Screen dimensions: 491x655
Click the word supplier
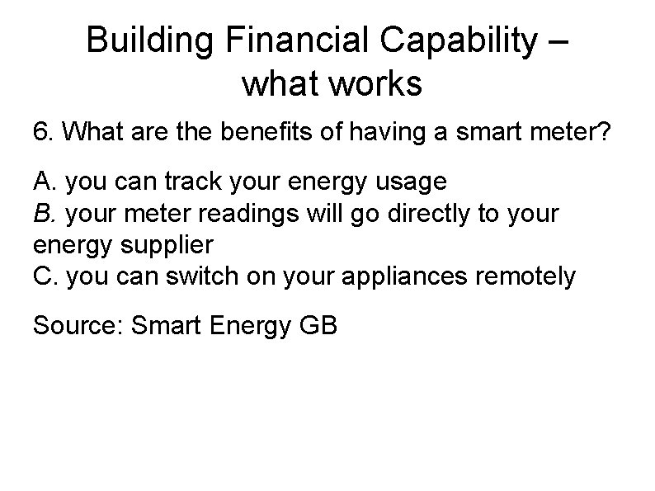172,246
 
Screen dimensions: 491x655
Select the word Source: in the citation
77,325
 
